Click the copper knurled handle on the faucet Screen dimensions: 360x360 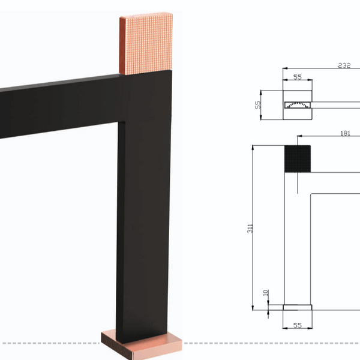pos(146,44)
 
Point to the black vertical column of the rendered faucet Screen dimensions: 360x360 pos(143,206)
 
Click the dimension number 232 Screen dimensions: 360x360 pos(344,65)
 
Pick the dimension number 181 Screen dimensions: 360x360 pos(346,133)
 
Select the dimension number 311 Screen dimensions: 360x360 pos(250,229)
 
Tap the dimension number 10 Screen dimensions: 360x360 pos(266,293)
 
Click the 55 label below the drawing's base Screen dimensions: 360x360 pos(298,325)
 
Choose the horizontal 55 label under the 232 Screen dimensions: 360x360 pos(298,77)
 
